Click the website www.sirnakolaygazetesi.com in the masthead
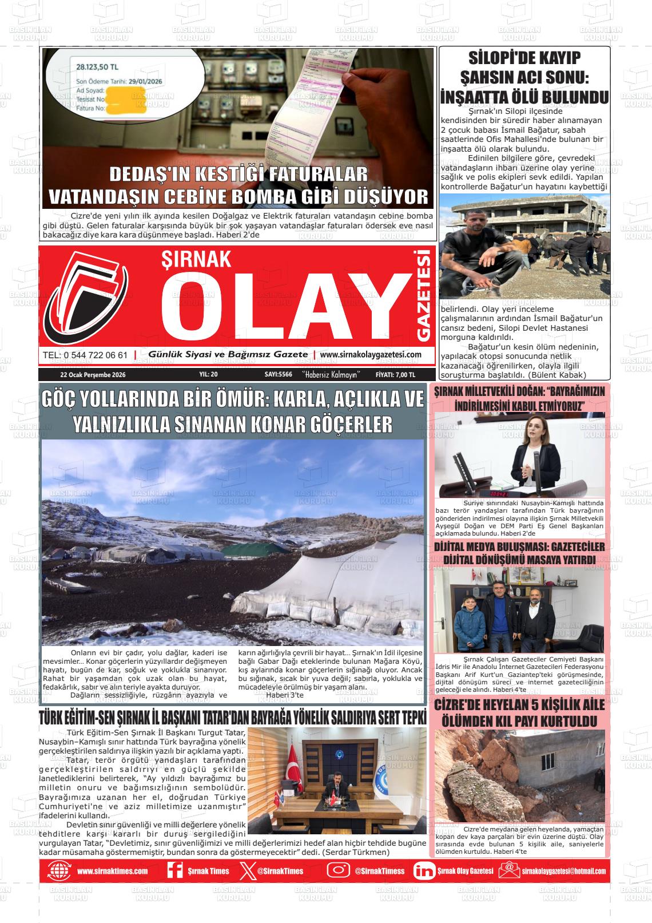[371, 355]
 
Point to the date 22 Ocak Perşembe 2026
[92, 375]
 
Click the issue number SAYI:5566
[279, 375]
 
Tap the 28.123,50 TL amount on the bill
[98, 67]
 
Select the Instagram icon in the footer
[339, 871]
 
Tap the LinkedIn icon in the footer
[424, 871]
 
